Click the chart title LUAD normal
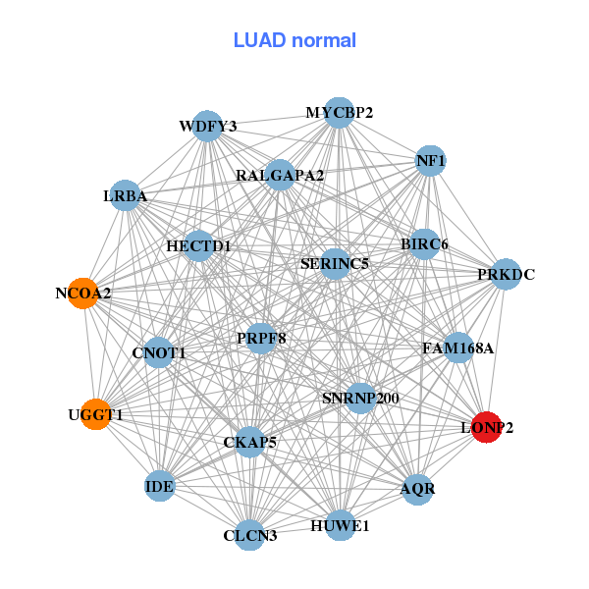(x=294, y=40)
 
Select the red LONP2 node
(x=486, y=427)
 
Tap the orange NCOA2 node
(x=83, y=293)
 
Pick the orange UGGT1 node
(x=95, y=414)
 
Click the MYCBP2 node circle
(x=339, y=113)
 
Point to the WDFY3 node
(x=207, y=126)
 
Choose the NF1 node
(x=431, y=160)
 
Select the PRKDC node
(x=506, y=274)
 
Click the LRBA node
(x=125, y=196)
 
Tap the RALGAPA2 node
(x=280, y=176)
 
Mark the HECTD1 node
(x=198, y=245)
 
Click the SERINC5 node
(x=335, y=263)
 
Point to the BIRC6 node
(x=424, y=243)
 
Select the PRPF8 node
(x=261, y=339)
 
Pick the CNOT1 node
(x=159, y=352)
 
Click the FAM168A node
(x=458, y=348)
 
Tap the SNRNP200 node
(x=360, y=398)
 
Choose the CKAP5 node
(x=249, y=442)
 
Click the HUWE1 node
(x=340, y=525)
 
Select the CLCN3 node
(x=250, y=535)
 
